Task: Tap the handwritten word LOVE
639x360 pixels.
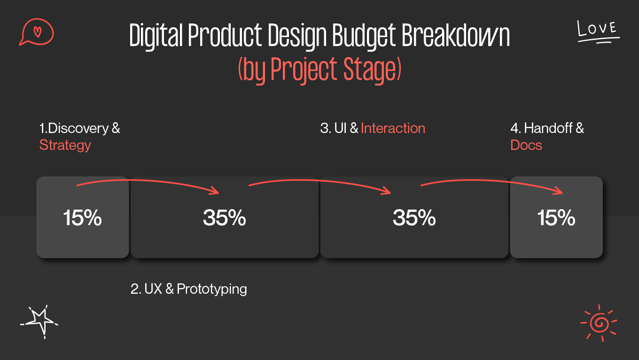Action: pyautogui.click(x=597, y=30)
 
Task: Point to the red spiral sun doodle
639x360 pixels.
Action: pyautogui.click(x=599, y=322)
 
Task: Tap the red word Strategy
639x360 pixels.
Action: pyautogui.click(x=65, y=145)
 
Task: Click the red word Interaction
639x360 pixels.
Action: pyautogui.click(x=393, y=128)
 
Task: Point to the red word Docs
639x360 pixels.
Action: pyautogui.click(x=526, y=145)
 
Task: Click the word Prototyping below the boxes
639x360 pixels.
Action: pyautogui.click(x=212, y=289)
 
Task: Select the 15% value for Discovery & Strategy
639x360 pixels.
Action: pyautogui.click(x=83, y=218)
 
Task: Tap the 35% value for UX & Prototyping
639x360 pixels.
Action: pyautogui.click(x=225, y=218)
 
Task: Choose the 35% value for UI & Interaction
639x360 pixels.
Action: pyautogui.click(x=414, y=218)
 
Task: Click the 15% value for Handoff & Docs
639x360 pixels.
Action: pyautogui.click(x=556, y=218)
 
